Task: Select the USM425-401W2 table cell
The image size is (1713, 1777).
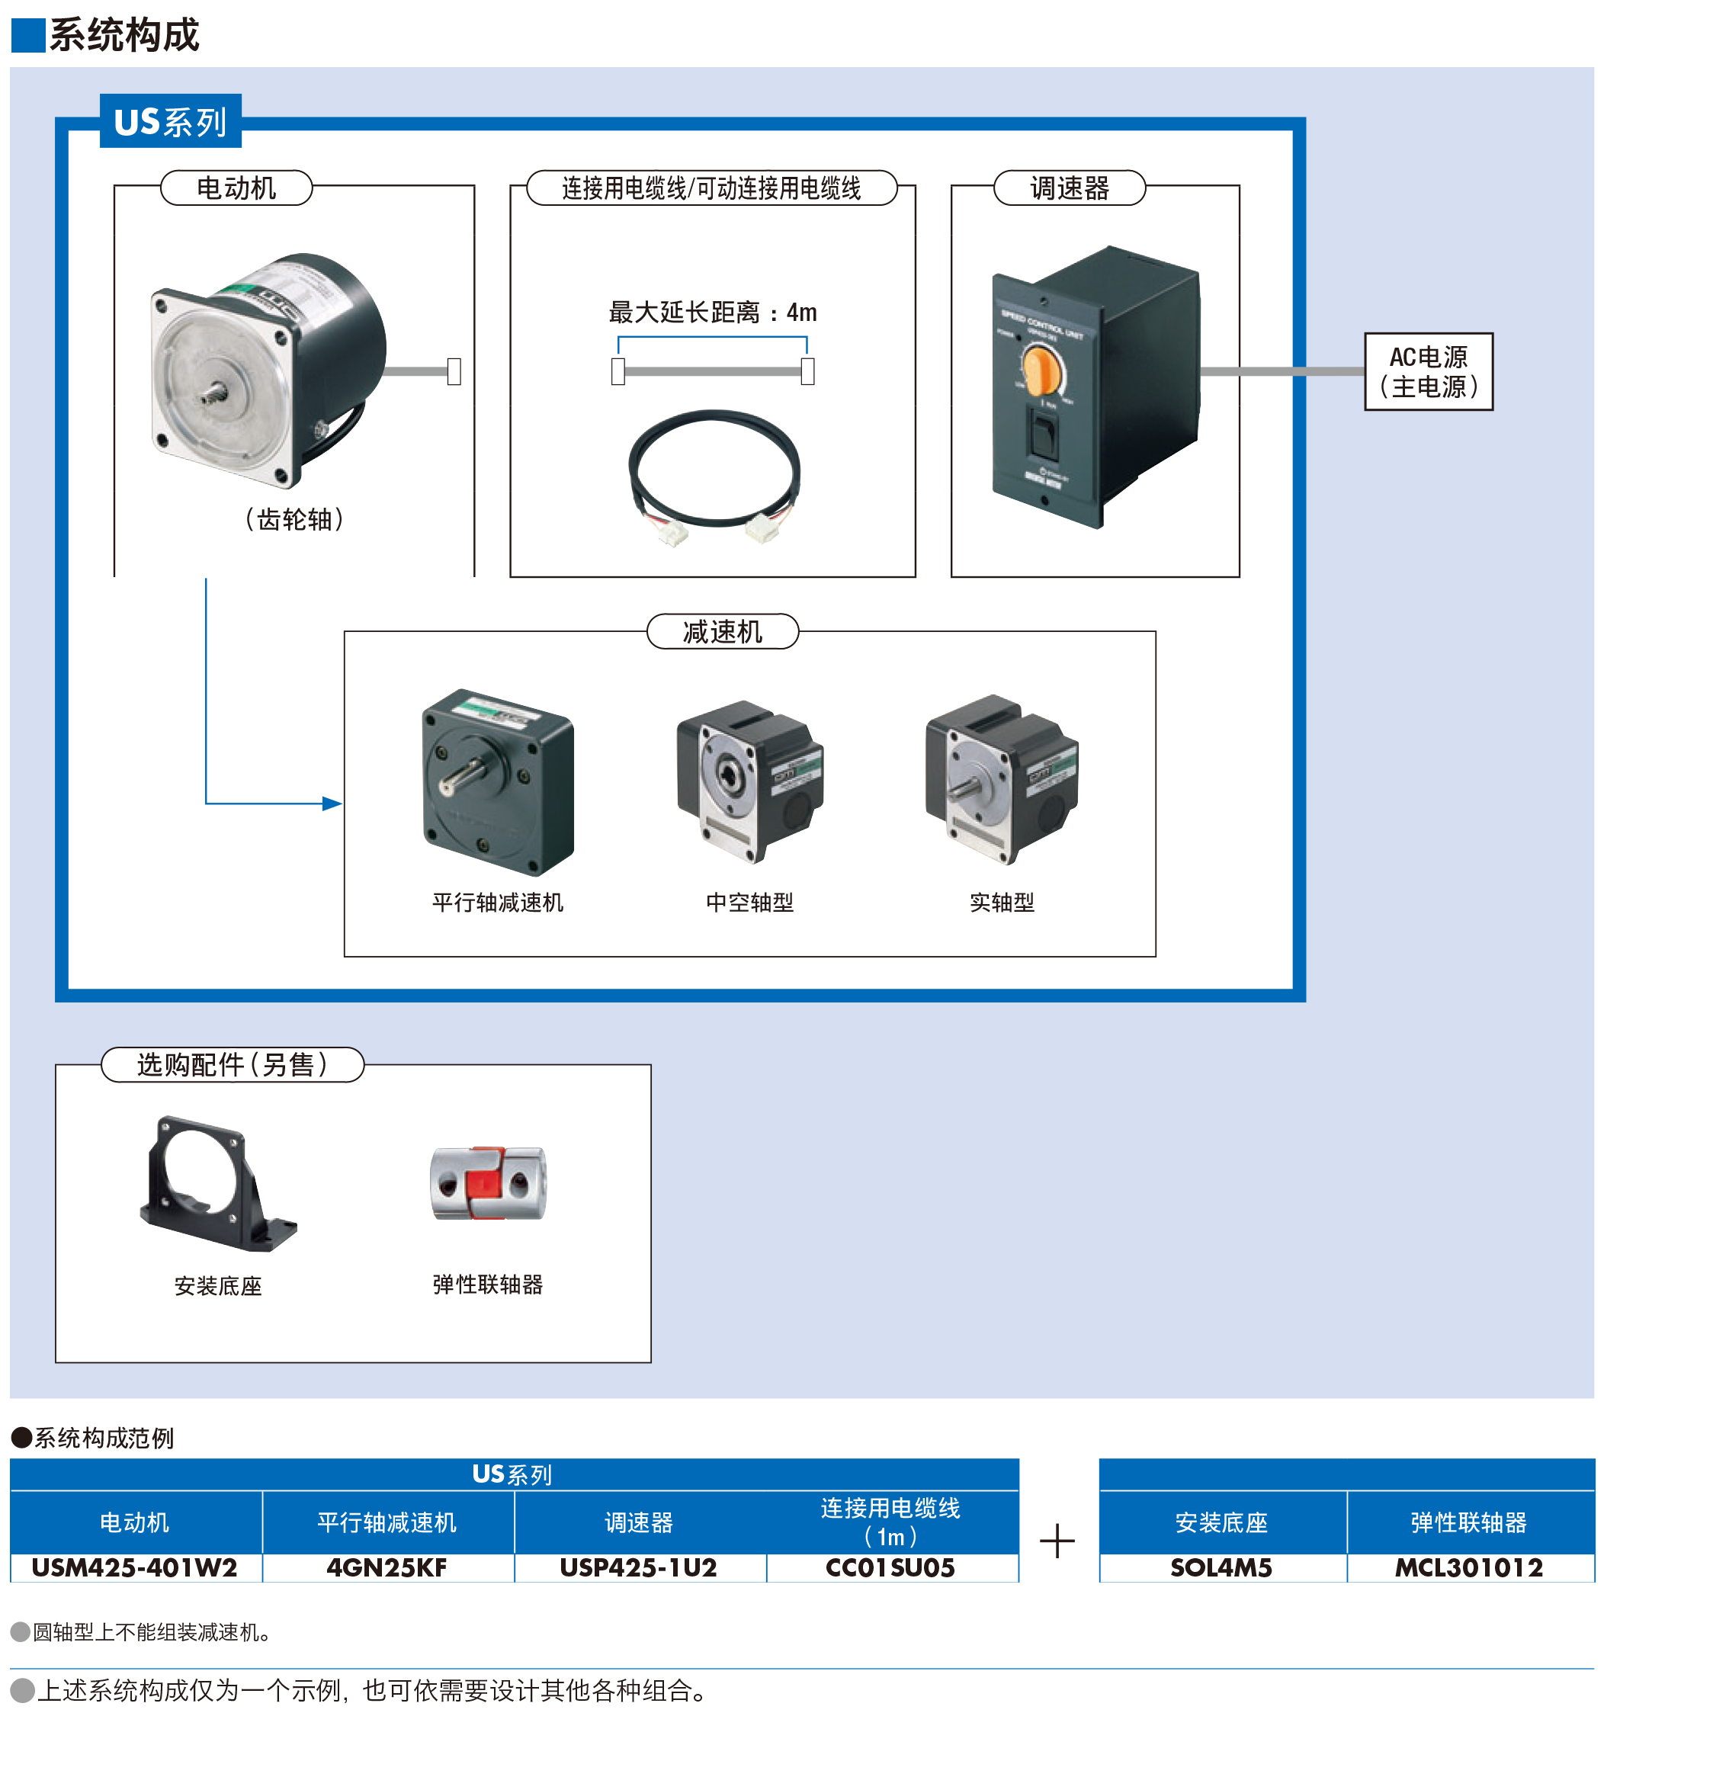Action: coord(134,1567)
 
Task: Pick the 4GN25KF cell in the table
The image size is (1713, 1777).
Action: coord(387,1567)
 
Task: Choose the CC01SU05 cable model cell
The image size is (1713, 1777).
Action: coord(890,1567)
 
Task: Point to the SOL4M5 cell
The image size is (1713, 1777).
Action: coord(1221,1567)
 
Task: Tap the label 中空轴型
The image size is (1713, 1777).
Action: coord(749,902)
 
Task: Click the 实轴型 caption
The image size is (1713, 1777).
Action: coord(1001,902)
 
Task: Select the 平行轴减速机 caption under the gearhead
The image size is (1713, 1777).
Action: coord(497,902)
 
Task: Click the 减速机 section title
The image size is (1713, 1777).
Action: coord(722,632)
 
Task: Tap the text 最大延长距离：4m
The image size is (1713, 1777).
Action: coord(712,313)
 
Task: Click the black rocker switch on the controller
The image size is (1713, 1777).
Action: coord(1042,431)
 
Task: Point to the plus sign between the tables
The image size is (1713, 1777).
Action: coord(1057,1541)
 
